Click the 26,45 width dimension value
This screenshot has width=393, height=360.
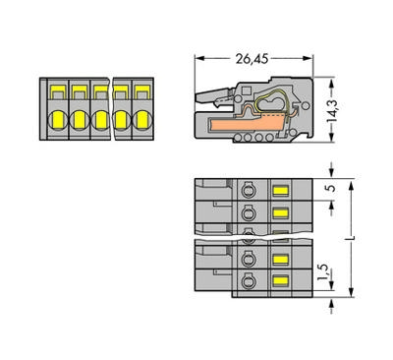(x=252, y=59)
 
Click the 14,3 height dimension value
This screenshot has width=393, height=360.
(x=332, y=110)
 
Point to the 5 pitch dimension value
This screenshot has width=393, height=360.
(x=332, y=188)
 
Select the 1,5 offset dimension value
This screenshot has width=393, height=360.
(x=323, y=272)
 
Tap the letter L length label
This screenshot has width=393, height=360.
(x=351, y=238)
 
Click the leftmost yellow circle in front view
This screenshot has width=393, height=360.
(x=58, y=120)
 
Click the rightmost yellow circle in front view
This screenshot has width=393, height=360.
(x=142, y=120)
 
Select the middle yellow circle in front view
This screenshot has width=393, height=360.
(x=100, y=120)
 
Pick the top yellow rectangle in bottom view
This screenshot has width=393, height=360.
(x=280, y=190)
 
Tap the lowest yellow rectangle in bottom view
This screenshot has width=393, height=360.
(x=280, y=280)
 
